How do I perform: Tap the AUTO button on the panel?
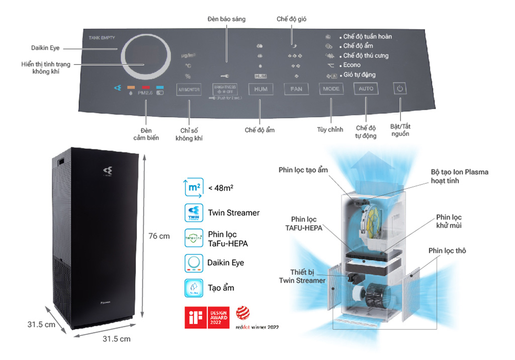point(366,89)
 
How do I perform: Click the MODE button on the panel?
point(331,89)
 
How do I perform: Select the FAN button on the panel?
point(296,89)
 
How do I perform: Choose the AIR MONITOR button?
point(189,90)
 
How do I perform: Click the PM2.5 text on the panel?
point(147,93)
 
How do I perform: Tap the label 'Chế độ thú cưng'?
point(366,55)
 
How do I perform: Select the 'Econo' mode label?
point(352,65)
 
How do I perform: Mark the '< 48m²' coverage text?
point(220,188)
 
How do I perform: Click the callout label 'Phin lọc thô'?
point(447,250)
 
